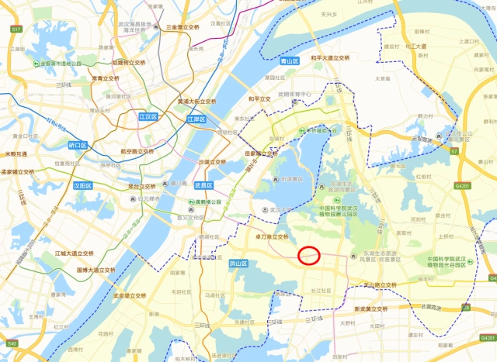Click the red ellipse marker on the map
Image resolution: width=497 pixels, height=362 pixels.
click(309, 255)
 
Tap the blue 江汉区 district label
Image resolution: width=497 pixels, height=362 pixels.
click(148, 116)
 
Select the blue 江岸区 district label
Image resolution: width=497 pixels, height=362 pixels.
click(196, 119)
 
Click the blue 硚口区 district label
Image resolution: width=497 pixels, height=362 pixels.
click(79, 145)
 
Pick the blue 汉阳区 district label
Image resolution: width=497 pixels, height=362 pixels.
click(83, 186)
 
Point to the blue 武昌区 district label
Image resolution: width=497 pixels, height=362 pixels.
click(203, 185)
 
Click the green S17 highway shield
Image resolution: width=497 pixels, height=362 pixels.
click(16, 29)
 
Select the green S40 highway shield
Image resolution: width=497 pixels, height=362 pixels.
click(12, 343)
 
